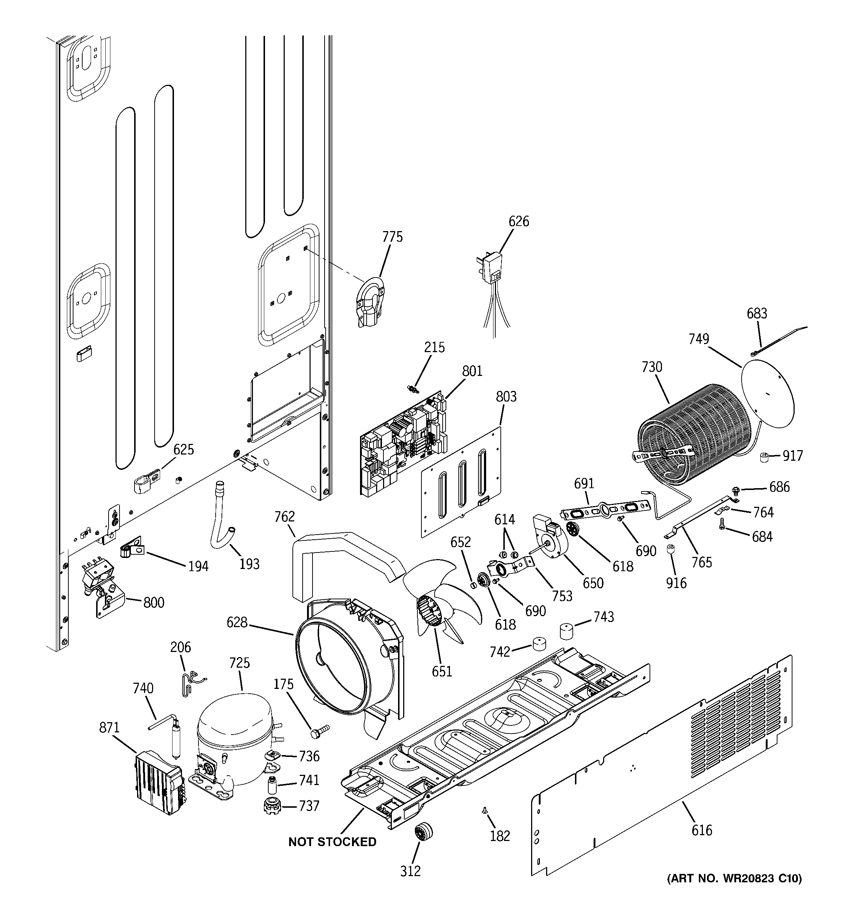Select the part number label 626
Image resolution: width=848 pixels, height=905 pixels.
[x=518, y=221]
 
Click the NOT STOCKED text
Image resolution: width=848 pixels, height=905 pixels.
[x=332, y=842]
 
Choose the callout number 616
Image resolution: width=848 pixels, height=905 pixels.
[x=701, y=830]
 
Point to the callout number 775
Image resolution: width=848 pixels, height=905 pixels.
[x=392, y=237]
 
